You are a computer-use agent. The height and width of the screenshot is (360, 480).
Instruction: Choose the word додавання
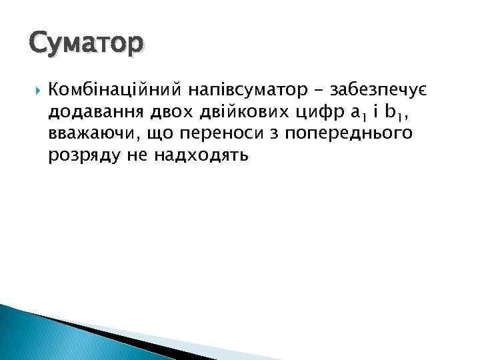(93, 111)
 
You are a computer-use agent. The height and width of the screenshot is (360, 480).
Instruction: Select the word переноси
(214, 134)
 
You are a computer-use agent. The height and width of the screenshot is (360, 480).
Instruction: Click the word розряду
(78, 157)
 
